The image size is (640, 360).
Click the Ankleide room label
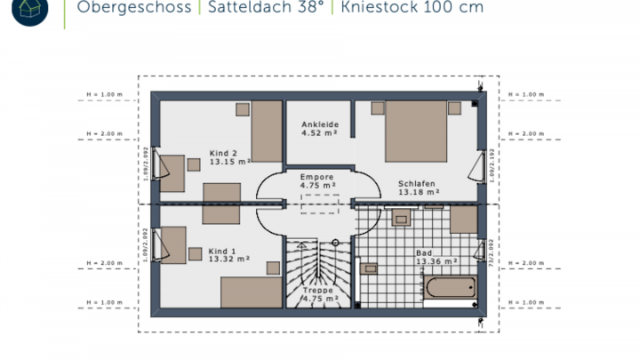pos(319,124)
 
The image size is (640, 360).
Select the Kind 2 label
pos(224,152)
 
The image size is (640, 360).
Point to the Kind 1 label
pos(224,252)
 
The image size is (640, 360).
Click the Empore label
pos(316,177)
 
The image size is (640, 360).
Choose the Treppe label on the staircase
pos(317,290)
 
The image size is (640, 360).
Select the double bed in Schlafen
pos(415,131)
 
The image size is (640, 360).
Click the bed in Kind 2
pos(266,130)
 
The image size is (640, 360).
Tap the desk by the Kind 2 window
pos(173,175)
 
